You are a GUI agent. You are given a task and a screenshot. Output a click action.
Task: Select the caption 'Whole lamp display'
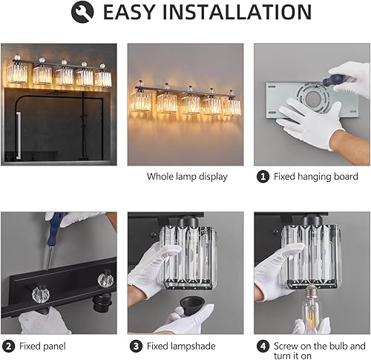pyautogui.click(x=186, y=177)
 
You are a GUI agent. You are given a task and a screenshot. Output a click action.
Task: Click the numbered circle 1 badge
pyautogui.click(x=263, y=177)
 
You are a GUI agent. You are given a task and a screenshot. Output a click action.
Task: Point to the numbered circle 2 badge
pyautogui.click(x=8, y=346)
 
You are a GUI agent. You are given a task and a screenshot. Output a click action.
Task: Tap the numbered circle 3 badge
pyautogui.click(x=135, y=346)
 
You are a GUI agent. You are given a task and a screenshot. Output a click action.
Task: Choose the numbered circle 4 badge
pyautogui.click(x=262, y=346)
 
